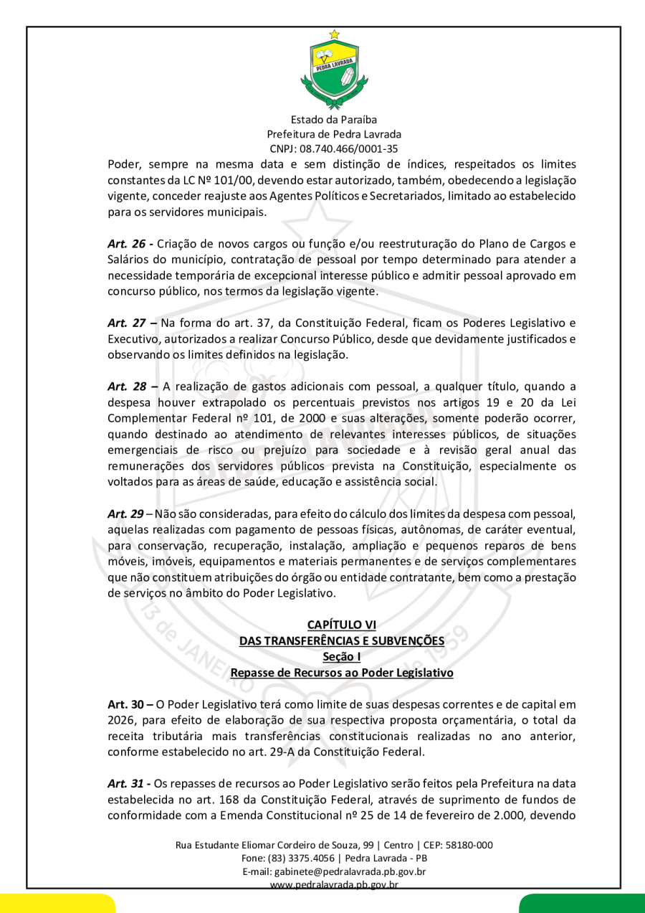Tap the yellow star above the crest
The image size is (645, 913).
click(334, 34)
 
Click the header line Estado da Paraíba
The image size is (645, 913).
click(334, 120)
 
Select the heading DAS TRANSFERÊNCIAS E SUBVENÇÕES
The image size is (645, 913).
click(341, 640)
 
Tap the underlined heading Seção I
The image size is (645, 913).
click(341, 656)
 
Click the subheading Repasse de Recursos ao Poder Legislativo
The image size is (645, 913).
click(341, 673)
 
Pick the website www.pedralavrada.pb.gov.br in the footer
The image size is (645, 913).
click(334, 884)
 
